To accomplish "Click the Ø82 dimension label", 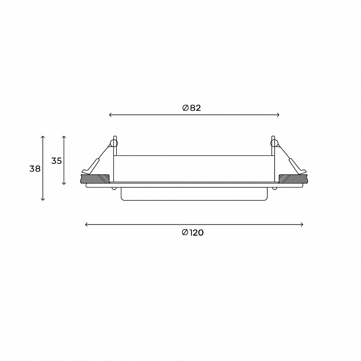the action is tap(192, 108).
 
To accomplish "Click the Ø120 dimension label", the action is tap(193, 233).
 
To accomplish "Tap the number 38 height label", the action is tap(35, 169).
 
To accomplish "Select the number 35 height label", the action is tap(56, 161).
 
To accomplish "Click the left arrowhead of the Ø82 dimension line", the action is tap(110, 115).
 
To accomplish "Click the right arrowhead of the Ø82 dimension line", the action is tap(278, 115).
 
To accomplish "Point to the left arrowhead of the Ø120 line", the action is tap(86, 225).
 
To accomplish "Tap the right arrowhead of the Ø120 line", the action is tap(302, 225).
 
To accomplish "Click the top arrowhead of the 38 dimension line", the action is tap(43, 137).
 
